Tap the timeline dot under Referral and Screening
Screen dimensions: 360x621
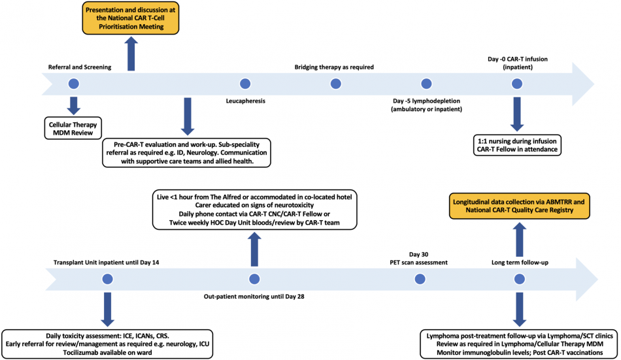[x=73, y=84]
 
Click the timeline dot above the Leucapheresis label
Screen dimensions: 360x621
[x=245, y=84]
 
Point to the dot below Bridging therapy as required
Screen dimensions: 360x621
[x=335, y=84]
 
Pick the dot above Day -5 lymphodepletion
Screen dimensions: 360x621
[x=427, y=84]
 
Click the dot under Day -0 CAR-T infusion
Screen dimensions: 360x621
[x=518, y=84]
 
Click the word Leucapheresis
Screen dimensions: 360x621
[x=245, y=101]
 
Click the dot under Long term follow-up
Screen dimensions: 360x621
[x=518, y=280]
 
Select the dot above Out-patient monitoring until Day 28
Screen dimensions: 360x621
[x=254, y=280]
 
